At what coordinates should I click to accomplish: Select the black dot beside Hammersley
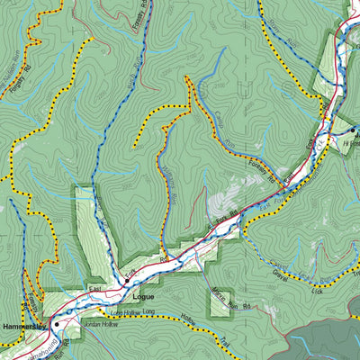point(56,323)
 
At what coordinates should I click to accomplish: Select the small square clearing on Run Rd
point(220,303)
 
